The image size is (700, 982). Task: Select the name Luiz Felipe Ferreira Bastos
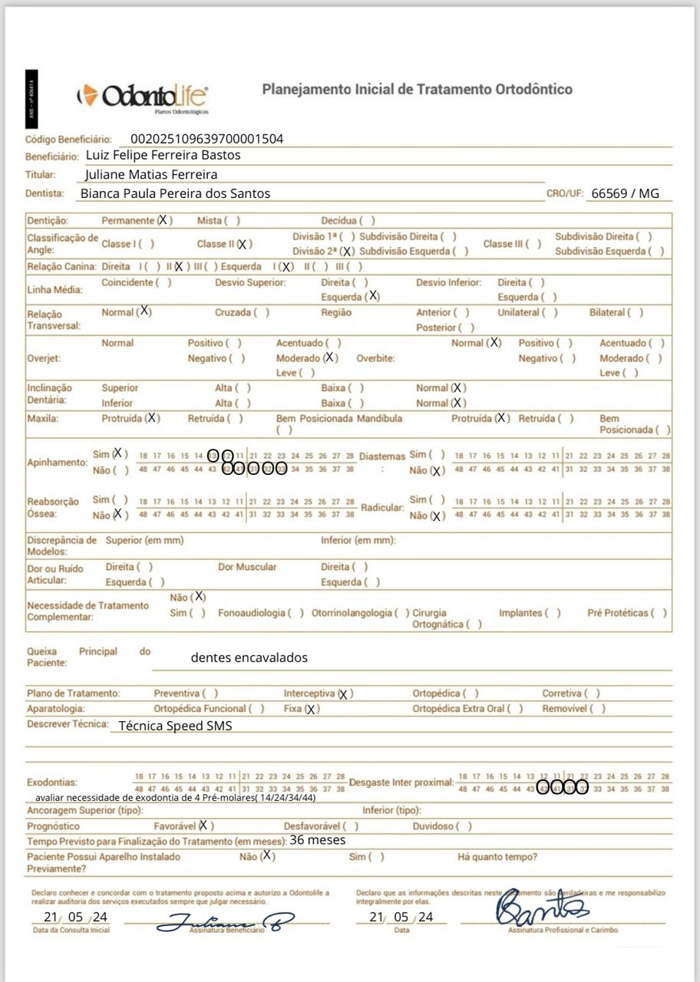click(x=163, y=155)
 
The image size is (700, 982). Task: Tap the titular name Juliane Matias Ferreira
click(x=151, y=174)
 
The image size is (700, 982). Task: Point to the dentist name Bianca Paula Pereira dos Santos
click(x=176, y=193)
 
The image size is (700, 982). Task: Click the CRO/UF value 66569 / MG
click(x=624, y=193)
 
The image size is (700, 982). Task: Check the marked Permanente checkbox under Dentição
click(x=163, y=220)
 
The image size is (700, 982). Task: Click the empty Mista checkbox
click(x=233, y=221)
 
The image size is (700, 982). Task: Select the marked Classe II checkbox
click(x=243, y=244)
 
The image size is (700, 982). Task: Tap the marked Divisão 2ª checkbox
click(x=347, y=251)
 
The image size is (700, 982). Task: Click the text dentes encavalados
click(x=249, y=657)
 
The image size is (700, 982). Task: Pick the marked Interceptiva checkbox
click(x=344, y=694)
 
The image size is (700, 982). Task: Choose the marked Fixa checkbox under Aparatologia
click(x=311, y=709)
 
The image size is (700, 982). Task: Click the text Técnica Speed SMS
click(x=175, y=726)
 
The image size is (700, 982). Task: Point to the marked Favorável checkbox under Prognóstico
click(x=203, y=825)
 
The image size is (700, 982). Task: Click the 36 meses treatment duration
click(x=317, y=840)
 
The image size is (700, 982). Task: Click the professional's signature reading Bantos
click(x=542, y=911)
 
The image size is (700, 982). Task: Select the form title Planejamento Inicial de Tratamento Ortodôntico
click(x=417, y=89)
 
